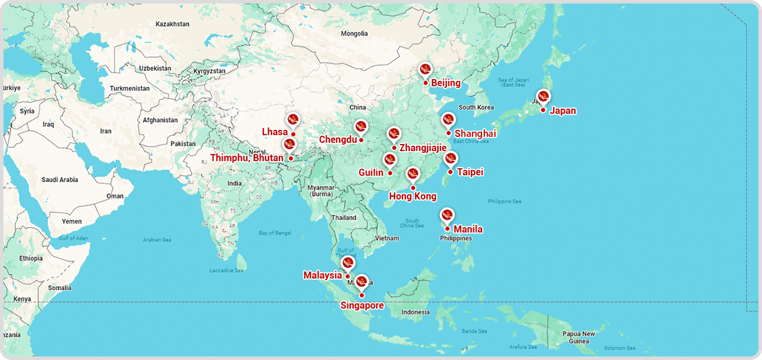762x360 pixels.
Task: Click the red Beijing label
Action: [446, 83]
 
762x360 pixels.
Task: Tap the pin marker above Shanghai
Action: [448, 120]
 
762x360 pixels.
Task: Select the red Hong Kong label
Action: [413, 196]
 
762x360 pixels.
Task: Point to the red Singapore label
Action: [362, 306]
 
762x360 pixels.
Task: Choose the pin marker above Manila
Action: [447, 215]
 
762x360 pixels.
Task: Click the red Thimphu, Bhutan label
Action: [247, 158]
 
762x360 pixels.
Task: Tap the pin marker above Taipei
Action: [450, 158]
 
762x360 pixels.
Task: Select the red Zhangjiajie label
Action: [423, 148]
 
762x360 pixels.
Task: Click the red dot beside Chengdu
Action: [361, 140]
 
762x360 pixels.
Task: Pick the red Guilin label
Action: [371, 173]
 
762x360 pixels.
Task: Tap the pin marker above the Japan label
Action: [543, 97]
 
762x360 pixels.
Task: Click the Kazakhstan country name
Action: [172, 24]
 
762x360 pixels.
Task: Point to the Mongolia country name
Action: [354, 33]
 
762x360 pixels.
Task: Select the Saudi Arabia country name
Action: [60, 180]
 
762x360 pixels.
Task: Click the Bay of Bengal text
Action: [275, 233]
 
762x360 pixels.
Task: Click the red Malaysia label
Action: [322, 275]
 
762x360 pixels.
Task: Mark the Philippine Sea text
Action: [504, 201]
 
